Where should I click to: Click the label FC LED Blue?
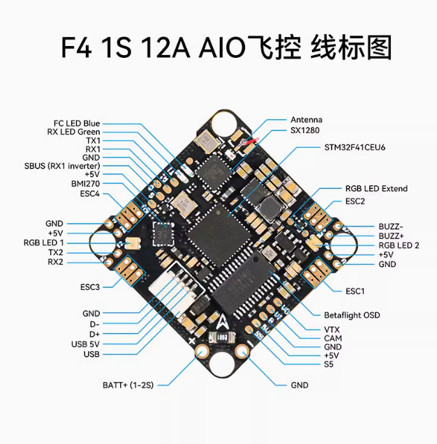coord(77,123)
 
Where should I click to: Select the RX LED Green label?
coord(73,132)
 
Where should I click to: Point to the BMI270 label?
coord(85,183)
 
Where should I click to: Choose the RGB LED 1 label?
coord(43,242)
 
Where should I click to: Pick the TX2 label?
coord(56,252)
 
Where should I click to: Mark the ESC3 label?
coord(91,286)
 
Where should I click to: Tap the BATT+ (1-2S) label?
coord(127,385)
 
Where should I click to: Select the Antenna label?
coord(306,120)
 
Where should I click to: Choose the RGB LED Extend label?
coord(376,188)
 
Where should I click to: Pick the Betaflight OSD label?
coord(352,315)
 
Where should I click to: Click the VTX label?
coord(332,328)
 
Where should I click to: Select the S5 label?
coord(329,364)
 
